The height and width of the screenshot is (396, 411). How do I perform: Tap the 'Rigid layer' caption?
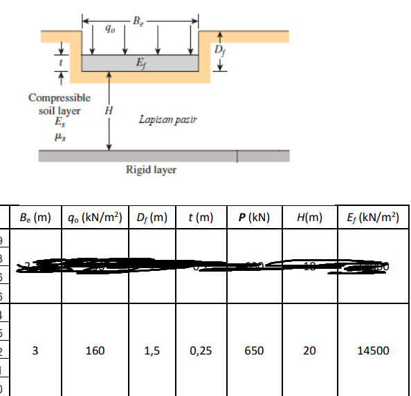tap(151, 169)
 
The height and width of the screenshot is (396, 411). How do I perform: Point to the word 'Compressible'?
tap(59, 99)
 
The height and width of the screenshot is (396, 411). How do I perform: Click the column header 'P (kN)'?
tap(251, 218)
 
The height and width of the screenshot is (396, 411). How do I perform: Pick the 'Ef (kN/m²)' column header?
tap(372, 218)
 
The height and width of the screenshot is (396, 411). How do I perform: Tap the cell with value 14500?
tap(372, 350)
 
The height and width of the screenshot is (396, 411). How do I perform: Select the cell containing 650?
tap(253, 350)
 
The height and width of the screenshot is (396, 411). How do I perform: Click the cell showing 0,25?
tap(201, 350)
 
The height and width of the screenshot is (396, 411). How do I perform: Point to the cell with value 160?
tap(95, 350)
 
